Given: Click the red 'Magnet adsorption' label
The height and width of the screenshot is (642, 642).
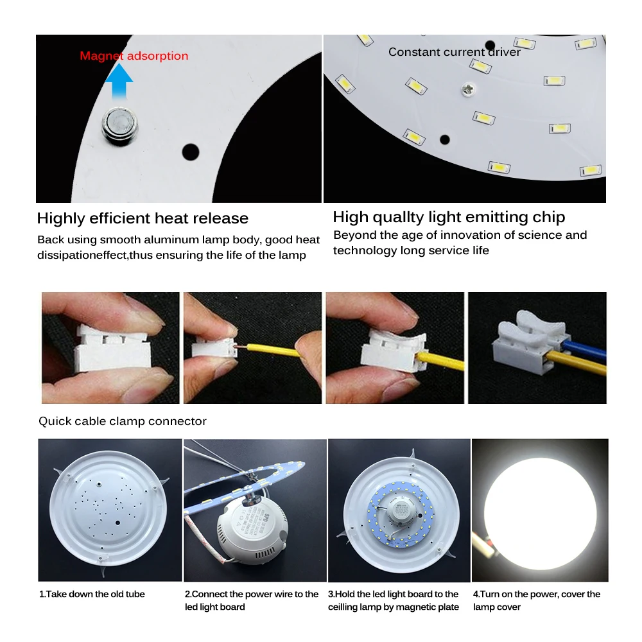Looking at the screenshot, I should [x=134, y=56].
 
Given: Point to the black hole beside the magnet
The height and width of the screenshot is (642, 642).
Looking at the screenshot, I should [x=191, y=152].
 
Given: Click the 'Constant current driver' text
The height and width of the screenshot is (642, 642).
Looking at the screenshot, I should [x=454, y=52].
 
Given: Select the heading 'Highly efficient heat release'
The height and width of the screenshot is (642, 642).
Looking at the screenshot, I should [x=143, y=218].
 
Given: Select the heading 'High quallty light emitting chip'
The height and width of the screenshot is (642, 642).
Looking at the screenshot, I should [x=449, y=217].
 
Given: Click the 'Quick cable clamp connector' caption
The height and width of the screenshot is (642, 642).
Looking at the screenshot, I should [x=123, y=421].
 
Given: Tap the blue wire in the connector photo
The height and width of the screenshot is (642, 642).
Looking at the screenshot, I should [x=581, y=349].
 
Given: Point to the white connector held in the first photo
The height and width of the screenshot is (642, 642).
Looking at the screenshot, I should [x=109, y=350].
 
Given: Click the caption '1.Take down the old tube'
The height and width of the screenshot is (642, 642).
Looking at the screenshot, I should [x=92, y=594].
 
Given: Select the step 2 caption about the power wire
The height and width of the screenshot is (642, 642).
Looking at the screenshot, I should [x=251, y=600].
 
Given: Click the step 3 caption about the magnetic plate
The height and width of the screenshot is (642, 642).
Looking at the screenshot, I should [x=394, y=600].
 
